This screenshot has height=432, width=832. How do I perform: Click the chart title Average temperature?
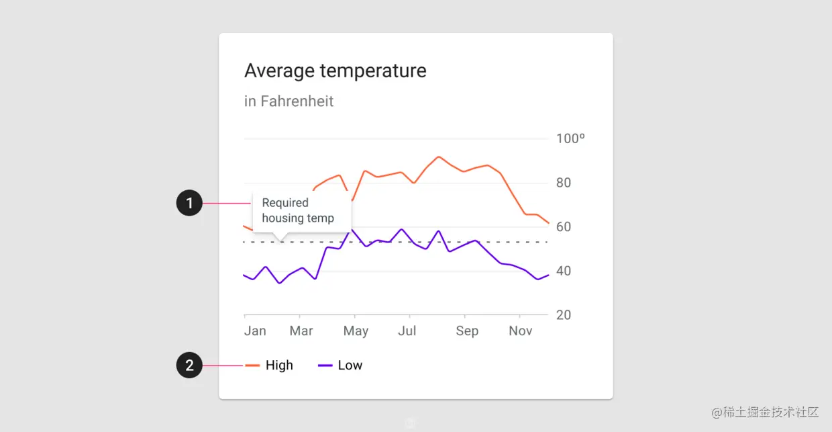tap(335, 71)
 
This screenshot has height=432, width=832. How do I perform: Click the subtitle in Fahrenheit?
tap(289, 101)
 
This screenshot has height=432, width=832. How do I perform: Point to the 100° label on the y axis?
tap(570, 139)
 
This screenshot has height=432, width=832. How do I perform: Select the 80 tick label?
tap(564, 183)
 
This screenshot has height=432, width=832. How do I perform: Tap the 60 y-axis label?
tap(564, 227)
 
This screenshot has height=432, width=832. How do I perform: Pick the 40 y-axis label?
tap(564, 271)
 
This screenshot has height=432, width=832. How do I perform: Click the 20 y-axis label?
tap(564, 315)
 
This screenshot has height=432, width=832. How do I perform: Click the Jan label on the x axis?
tap(255, 331)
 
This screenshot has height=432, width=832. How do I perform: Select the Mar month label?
tap(301, 331)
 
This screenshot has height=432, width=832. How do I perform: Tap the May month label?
tap(356, 331)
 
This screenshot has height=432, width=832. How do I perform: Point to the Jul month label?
tap(407, 331)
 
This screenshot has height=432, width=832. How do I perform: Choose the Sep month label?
tap(467, 331)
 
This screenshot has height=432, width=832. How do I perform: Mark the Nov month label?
tap(521, 331)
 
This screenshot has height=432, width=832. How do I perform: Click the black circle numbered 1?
tap(189, 203)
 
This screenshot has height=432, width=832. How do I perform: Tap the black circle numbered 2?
tap(189, 365)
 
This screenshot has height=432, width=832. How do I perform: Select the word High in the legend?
tap(279, 365)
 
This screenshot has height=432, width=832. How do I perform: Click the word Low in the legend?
tap(350, 365)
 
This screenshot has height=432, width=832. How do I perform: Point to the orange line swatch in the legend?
tap(252, 365)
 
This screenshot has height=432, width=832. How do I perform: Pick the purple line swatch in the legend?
tap(325, 365)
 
